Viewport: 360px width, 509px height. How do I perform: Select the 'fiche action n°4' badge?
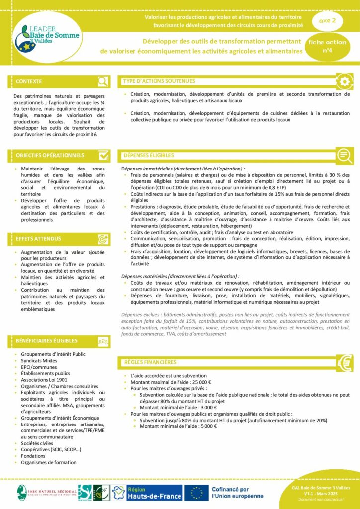(x=327, y=46)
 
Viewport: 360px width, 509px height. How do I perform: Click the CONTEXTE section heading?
(x=29, y=81)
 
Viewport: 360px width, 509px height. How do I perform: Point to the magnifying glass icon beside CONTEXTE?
(x=103, y=82)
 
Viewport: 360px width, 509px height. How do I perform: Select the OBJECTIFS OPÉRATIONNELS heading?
(x=50, y=156)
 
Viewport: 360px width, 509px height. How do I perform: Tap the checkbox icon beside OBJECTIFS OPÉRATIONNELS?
(x=103, y=156)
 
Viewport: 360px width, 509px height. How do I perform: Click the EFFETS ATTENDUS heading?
(x=38, y=239)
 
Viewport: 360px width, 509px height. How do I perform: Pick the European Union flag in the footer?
(x=196, y=493)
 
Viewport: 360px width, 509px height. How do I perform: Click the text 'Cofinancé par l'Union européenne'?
(x=237, y=493)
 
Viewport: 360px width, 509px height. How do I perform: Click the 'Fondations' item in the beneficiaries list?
(x=33, y=456)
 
